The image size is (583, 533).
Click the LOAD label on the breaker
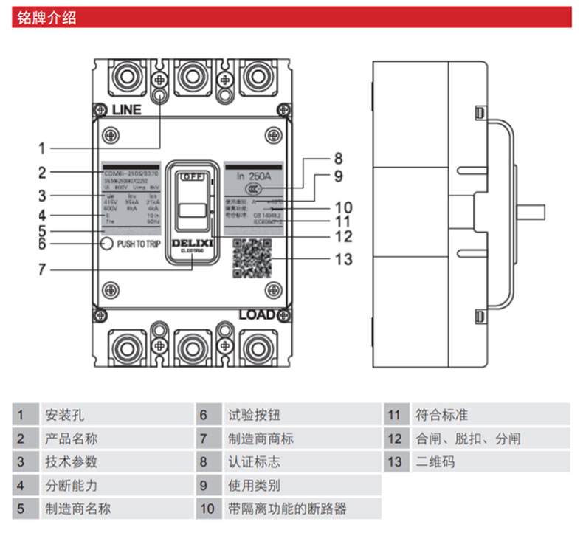point(257,315)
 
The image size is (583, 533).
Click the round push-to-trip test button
point(107,244)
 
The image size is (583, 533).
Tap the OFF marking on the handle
point(192,177)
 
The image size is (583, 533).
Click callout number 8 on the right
point(338,159)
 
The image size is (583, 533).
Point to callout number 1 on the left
point(42,148)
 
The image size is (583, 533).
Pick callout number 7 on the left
point(42,269)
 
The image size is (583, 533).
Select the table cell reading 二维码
point(435,462)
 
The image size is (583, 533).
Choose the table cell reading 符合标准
point(442,415)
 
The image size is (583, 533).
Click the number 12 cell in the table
point(395,439)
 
